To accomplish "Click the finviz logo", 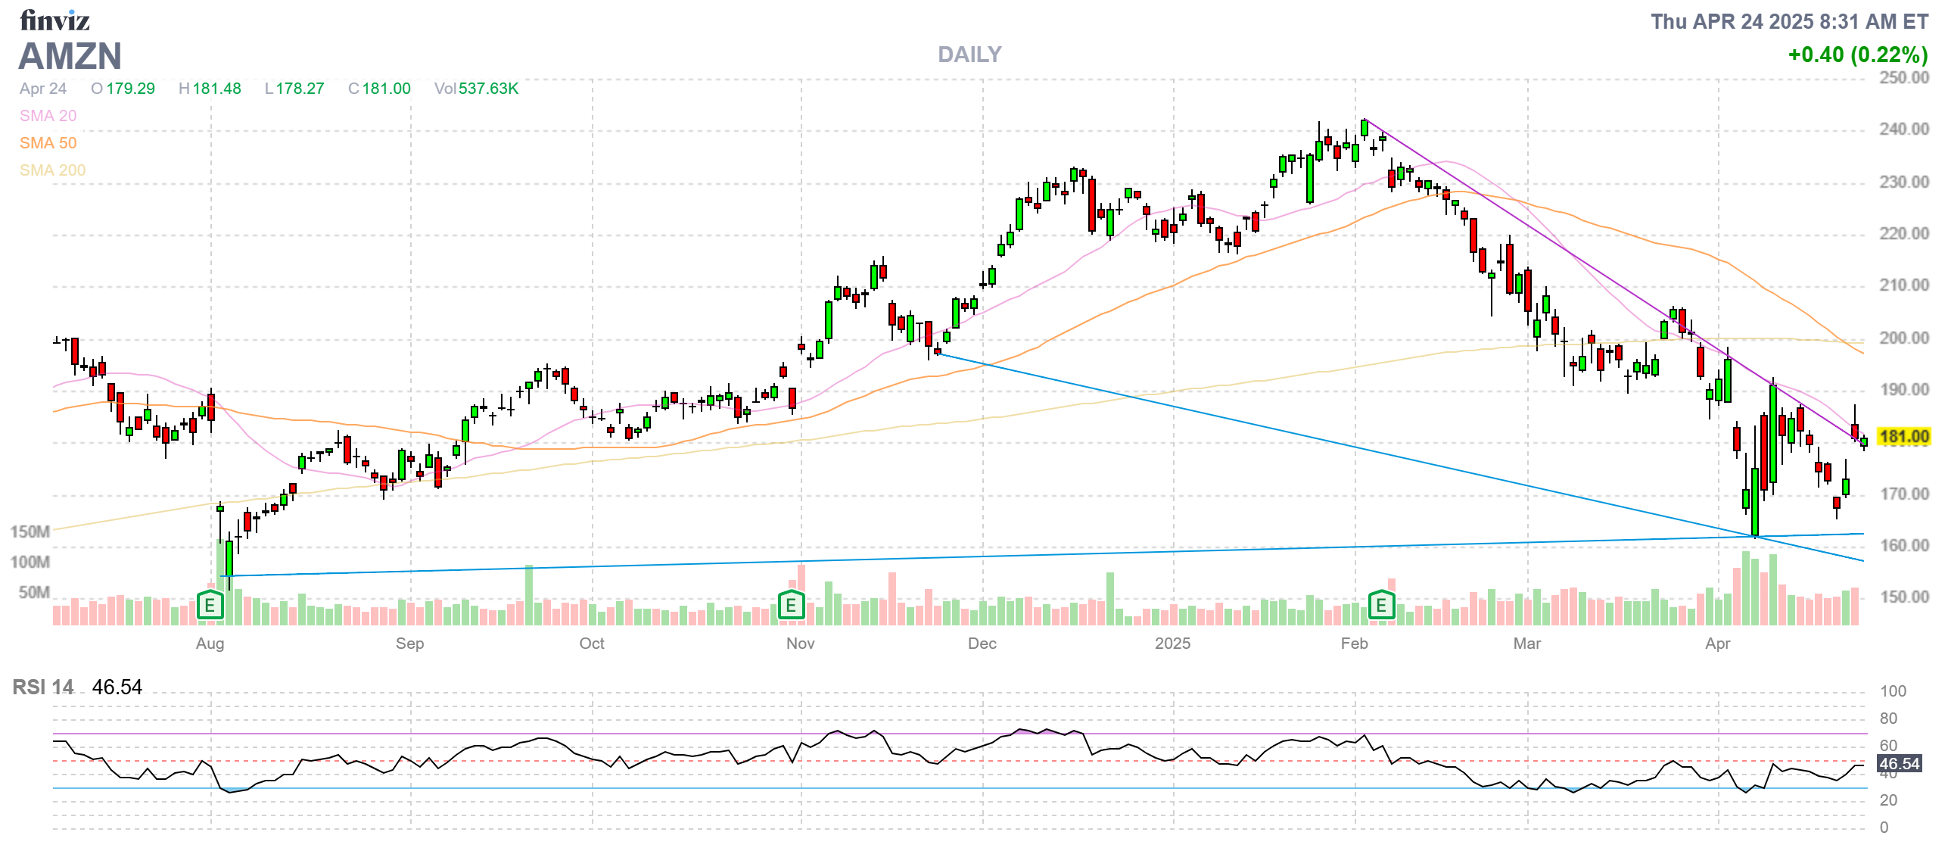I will [x=54, y=20].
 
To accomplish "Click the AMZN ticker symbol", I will [x=70, y=57].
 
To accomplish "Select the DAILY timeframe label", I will [x=969, y=55].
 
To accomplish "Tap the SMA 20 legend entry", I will [x=48, y=116].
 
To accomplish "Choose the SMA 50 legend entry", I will [x=48, y=143].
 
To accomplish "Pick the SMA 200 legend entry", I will [x=52, y=170].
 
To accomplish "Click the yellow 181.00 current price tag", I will [x=1904, y=437].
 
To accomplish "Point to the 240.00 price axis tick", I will [x=1903, y=129].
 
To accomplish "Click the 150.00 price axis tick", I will [x=1903, y=597].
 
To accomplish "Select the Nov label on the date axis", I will [x=800, y=644].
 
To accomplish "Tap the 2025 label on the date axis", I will [x=1172, y=644].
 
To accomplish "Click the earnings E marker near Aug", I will [x=210, y=606].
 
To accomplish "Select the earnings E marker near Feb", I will [x=1381, y=606].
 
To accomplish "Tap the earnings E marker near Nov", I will [x=791, y=606].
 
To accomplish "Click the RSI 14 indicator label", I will [x=43, y=687].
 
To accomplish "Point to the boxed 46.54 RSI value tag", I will [x=1900, y=764].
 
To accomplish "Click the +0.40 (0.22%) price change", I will [x=1857, y=55].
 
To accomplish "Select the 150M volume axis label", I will [x=30, y=532].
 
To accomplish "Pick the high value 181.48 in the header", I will [x=216, y=89].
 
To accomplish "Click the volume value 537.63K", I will [x=488, y=89].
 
